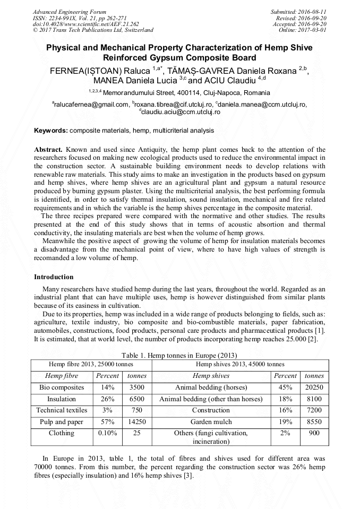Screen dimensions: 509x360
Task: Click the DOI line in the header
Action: pos(86,24)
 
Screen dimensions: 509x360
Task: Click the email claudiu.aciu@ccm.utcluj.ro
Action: pos(181,112)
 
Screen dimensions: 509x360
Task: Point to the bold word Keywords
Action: pos(50,131)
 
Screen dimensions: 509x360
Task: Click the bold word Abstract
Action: pos(48,150)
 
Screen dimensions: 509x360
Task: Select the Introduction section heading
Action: pos(54,277)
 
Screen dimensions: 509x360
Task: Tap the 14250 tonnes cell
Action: pos(137,422)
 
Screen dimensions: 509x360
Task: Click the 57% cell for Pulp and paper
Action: pos(107,422)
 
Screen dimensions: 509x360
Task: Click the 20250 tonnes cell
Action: pos(314,387)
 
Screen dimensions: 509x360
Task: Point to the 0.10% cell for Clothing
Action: pos(107,433)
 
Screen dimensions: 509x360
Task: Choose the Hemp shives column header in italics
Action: pos(211,376)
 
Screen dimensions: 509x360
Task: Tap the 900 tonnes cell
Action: pos(314,433)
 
